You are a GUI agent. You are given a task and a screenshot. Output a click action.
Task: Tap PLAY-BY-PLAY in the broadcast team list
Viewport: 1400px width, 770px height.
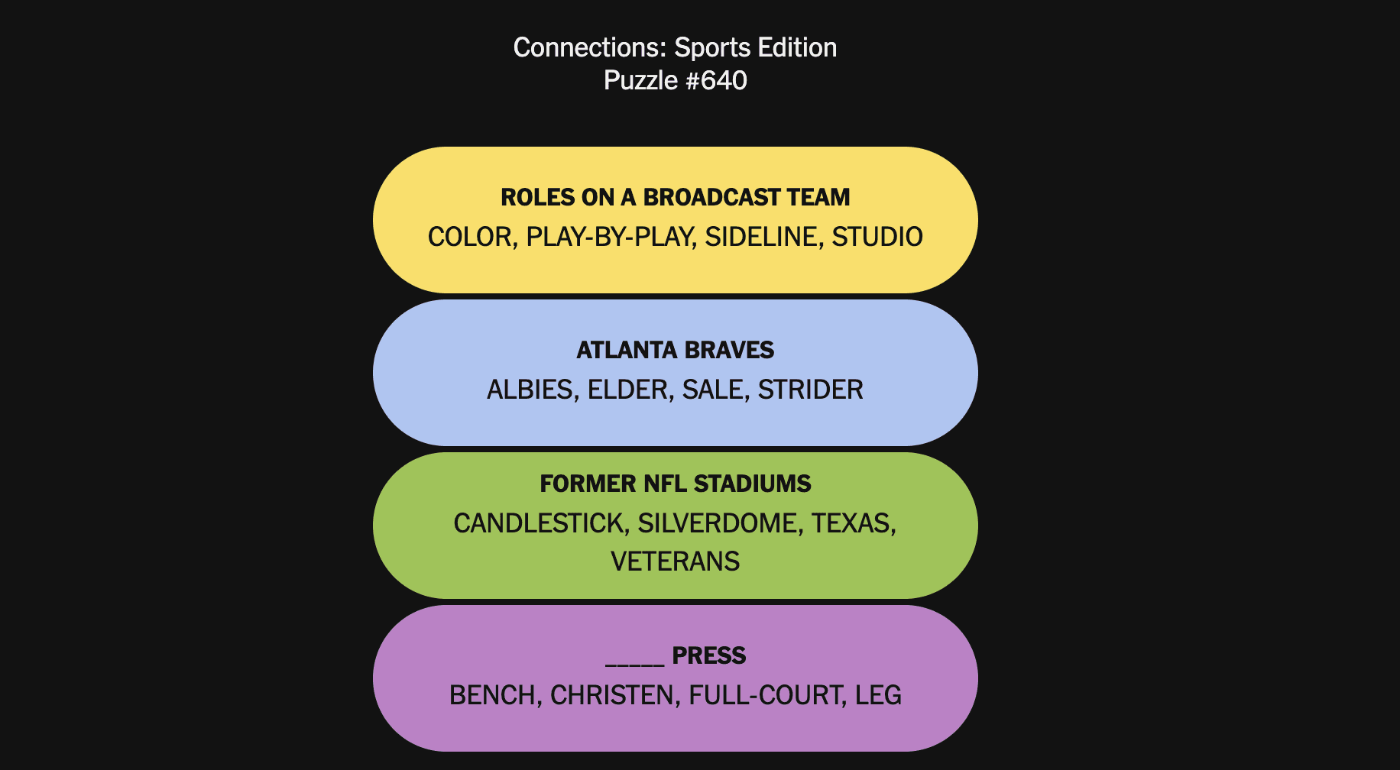[x=611, y=237]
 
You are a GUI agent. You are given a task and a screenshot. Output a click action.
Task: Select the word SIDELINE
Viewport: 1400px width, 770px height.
[x=763, y=237]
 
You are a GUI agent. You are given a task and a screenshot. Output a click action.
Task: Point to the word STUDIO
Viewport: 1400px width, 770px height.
[x=877, y=237]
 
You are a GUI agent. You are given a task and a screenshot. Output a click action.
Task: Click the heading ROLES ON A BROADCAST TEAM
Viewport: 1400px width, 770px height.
[x=676, y=197]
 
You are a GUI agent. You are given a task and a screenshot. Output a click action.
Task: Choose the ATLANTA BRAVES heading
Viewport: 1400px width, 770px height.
[x=676, y=350]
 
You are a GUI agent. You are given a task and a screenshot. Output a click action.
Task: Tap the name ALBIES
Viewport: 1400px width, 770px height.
[x=532, y=390]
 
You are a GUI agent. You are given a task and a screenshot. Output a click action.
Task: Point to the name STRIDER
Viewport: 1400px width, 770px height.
[x=810, y=390]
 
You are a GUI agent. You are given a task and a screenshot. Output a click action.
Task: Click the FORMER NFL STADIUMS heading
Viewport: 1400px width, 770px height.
[x=676, y=484]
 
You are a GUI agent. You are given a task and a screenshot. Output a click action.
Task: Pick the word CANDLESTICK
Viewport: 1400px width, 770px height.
[x=540, y=523]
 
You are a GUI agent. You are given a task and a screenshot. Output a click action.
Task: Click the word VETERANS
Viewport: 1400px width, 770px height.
[x=676, y=561]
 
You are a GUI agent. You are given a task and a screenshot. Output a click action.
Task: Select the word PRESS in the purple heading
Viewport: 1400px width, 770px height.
[x=709, y=655]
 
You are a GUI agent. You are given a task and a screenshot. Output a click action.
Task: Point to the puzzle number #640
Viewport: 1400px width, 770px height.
[x=716, y=80]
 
